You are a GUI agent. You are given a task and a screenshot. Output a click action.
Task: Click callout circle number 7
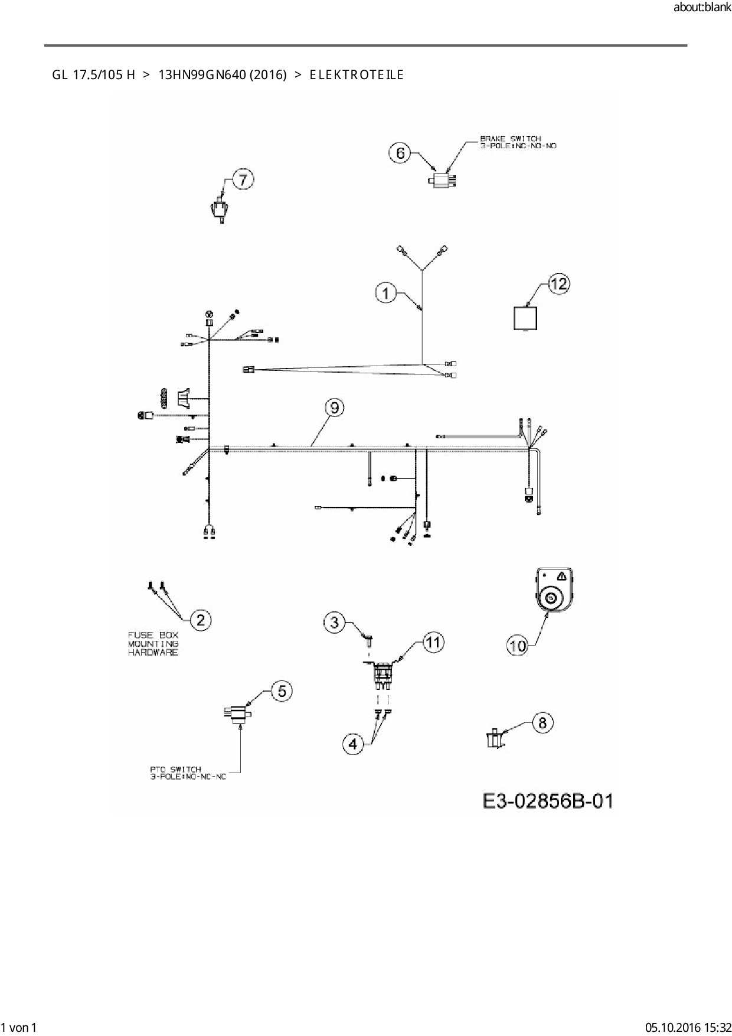[x=244, y=179]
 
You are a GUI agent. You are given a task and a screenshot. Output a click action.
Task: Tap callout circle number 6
[x=400, y=154]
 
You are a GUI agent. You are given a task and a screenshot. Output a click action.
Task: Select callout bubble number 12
[x=558, y=284]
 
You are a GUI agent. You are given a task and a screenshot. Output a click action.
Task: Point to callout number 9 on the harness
[x=335, y=408]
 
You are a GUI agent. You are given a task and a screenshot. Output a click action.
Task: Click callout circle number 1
[x=386, y=293]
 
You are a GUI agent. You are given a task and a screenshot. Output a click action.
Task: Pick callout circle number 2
[x=201, y=620]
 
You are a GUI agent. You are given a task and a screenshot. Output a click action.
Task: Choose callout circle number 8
[x=543, y=723]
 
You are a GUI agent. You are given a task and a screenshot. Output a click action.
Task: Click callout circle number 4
[x=353, y=744]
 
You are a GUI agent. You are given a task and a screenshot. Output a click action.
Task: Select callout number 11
[x=433, y=642]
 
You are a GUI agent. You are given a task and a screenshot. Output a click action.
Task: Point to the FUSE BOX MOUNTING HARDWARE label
[x=153, y=644]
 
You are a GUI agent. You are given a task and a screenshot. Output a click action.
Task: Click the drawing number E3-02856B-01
[x=548, y=801]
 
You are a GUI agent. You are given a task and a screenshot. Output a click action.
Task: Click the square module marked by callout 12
[x=525, y=318]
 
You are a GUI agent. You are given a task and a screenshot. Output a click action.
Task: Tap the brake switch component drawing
[x=443, y=179]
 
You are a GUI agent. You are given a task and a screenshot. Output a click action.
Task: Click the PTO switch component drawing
[x=237, y=714]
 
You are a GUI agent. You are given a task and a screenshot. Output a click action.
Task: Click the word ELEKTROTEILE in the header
[x=356, y=75]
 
